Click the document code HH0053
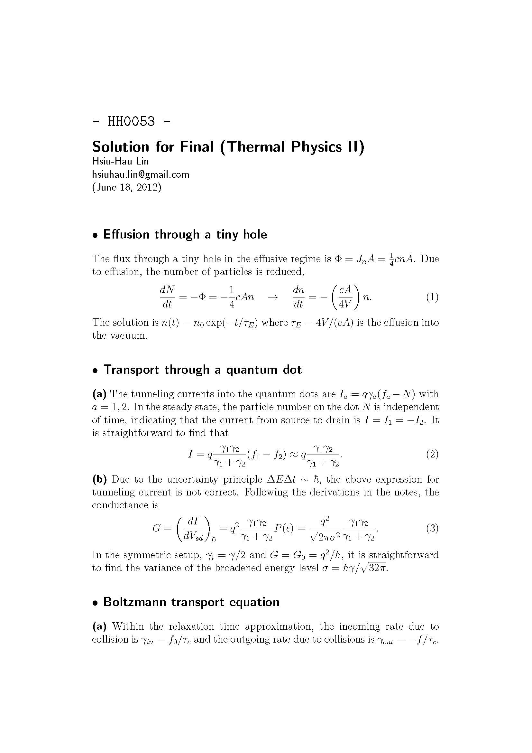click(x=131, y=121)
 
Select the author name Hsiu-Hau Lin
click(x=120, y=161)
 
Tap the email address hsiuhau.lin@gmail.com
click(x=141, y=174)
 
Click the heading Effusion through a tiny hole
click(x=185, y=234)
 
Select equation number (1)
click(x=432, y=297)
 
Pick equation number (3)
click(x=432, y=528)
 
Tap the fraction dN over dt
click(x=167, y=297)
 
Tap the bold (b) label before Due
click(x=99, y=479)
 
